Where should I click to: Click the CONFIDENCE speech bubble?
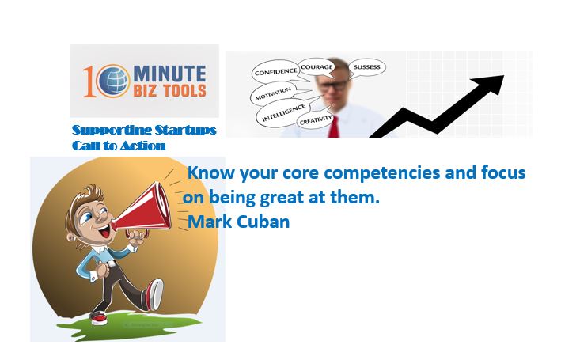(275, 72)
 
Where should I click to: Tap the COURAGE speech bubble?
(317, 67)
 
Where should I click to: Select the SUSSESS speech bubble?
(366, 67)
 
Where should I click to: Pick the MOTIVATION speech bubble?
(274, 93)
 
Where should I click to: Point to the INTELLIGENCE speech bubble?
(283, 113)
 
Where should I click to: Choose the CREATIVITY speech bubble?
(316, 120)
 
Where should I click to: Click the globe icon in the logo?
(113, 81)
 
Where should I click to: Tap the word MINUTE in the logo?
(169, 74)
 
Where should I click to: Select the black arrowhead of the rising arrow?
(490, 84)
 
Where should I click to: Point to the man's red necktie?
(334, 127)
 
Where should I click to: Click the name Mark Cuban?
(239, 222)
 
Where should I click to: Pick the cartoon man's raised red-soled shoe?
(154, 294)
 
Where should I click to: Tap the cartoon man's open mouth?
(104, 233)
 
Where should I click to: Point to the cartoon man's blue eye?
(87, 217)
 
